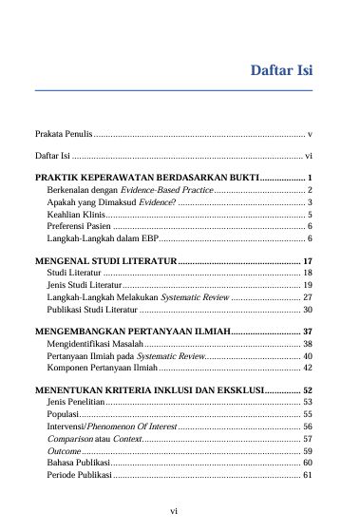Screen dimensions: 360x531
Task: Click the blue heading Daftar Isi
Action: click(281, 70)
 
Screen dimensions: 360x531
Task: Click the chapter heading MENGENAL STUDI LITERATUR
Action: click(105, 260)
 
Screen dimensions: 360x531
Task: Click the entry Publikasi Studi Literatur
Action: click(93, 310)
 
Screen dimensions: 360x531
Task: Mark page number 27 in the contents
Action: click(308, 297)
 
